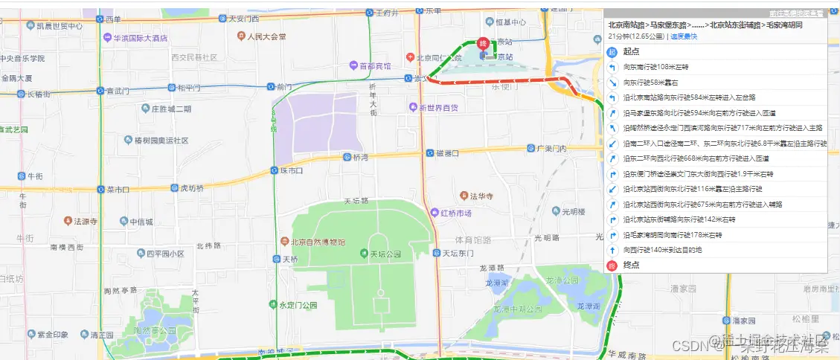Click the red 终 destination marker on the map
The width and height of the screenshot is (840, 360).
click(484, 44)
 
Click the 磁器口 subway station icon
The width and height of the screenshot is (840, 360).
click(430, 153)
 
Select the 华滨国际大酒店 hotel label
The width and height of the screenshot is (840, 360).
click(140, 37)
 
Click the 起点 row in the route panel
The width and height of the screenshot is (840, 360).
click(631, 52)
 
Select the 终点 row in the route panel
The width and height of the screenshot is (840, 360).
click(631, 265)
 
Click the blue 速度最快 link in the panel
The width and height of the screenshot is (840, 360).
click(684, 36)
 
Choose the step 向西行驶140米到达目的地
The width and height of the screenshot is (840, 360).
click(662, 250)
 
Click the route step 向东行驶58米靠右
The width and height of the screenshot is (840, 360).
click(651, 83)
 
